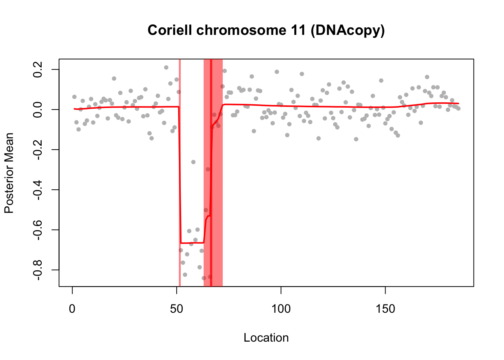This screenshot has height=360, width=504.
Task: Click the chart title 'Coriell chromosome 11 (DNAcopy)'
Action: point(266,30)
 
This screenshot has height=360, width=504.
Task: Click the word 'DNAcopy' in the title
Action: point(347,30)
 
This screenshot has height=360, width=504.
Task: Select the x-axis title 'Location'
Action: point(266,337)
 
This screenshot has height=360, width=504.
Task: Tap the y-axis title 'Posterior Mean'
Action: point(9,173)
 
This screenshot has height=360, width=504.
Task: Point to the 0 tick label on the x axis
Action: point(72,309)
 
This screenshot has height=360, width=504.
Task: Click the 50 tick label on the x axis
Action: point(177,309)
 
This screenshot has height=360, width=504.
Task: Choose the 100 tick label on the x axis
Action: point(281,309)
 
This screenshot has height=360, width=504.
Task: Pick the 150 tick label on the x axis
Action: point(385,309)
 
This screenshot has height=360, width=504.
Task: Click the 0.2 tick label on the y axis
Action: point(38,69)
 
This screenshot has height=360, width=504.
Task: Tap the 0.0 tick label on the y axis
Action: point(38,109)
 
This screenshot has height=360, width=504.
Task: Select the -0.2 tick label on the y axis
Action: point(38,150)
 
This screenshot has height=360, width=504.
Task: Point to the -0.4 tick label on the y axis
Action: point(38,190)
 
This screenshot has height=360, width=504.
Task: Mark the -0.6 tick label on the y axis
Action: point(38,230)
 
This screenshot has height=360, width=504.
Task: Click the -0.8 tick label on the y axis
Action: point(38,270)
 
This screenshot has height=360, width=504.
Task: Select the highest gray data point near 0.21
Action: point(166,67)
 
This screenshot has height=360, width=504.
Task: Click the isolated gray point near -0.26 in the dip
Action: point(193,162)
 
